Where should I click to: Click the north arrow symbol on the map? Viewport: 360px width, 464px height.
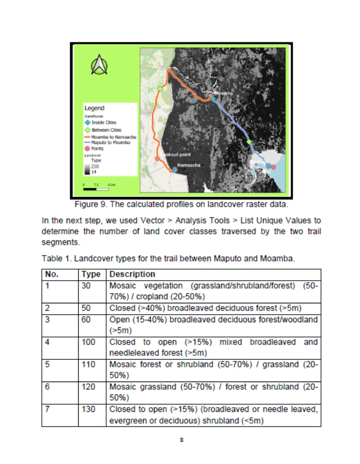[99, 66]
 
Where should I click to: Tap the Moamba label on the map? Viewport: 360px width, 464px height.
[224, 94]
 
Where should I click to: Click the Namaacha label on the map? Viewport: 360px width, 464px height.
[189, 164]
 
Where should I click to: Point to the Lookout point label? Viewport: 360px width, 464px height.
[177, 155]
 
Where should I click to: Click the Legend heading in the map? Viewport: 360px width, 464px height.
[94, 109]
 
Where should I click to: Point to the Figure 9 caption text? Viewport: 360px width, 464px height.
[181, 205]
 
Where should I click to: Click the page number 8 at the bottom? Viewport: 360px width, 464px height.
[181, 440]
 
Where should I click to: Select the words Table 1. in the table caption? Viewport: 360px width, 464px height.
[54, 259]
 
